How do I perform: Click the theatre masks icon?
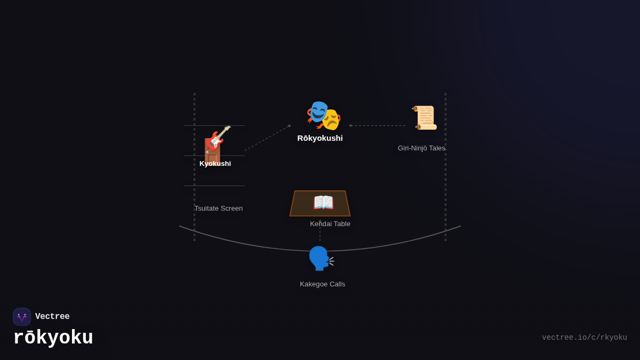[323, 115]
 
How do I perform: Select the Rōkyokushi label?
[320, 138]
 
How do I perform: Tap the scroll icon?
[425, 118]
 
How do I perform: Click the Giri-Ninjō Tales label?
[421, 148]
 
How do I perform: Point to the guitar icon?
[219, 138]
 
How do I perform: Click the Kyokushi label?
[215, 164]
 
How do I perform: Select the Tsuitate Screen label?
[218, 209]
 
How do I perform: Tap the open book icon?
[323, 203]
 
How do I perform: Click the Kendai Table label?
[330, 224]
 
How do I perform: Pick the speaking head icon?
[321, 259]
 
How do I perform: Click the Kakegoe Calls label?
[322, 284]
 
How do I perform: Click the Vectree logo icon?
[22, 317]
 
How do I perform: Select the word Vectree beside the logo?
[52, 317]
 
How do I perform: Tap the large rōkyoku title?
[53, 338]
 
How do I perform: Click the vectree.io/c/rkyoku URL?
[584, 338]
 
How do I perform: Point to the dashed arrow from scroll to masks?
[377, 126]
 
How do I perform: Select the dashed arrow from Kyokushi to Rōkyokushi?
[268, 138]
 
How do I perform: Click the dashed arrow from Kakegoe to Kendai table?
[320, 231]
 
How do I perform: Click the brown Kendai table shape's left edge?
[293, 203]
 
